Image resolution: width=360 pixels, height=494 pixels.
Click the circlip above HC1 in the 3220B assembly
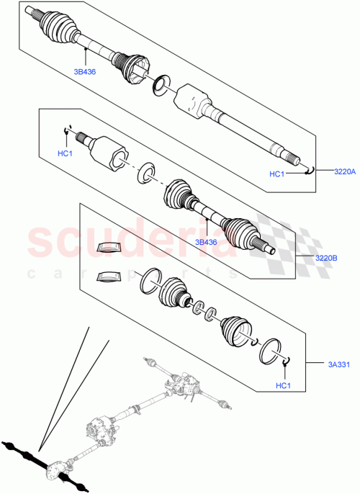pyautogui.click(x=67, y=130)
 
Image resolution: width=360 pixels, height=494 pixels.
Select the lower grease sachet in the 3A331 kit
pyautogui.click(x=108, y=276)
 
